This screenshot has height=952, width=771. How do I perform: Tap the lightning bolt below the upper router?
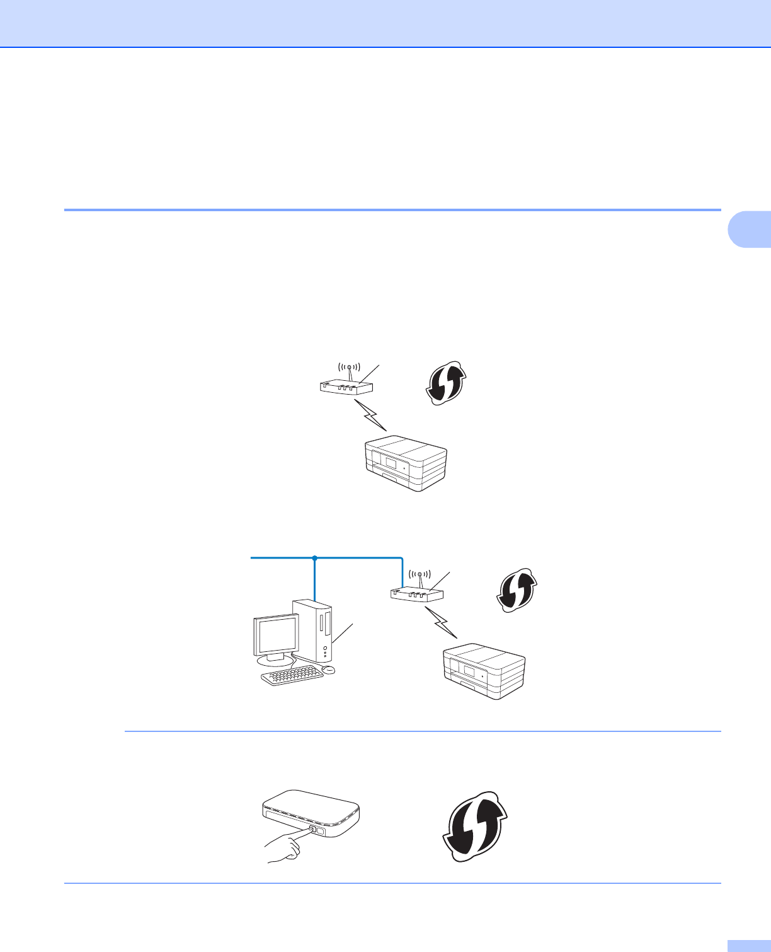[371, 415]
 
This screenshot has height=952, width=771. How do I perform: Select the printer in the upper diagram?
[406, 463]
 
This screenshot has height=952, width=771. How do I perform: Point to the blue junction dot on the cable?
[314, 558]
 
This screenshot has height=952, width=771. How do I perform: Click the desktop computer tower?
[312, 630]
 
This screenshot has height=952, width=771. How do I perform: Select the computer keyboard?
[292, 676]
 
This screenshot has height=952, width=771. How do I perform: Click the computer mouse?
[328, 668]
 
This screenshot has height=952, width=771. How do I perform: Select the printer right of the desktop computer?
[484, 671]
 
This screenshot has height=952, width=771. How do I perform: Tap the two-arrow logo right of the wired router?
[516, 591]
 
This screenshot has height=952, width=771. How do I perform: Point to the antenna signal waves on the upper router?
[349, 366]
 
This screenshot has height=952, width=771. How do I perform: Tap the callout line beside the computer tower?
[343, 632]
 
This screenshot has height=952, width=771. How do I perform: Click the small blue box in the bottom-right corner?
[749, 946]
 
